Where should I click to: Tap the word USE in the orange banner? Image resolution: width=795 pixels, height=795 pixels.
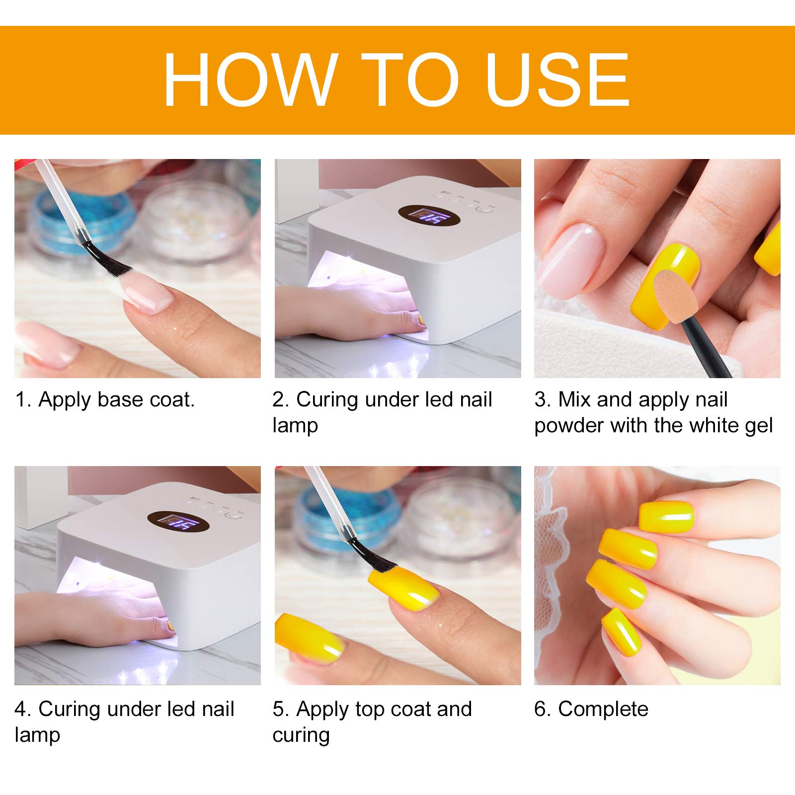click(558, 80)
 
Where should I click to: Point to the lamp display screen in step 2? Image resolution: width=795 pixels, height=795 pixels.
click(429, 215)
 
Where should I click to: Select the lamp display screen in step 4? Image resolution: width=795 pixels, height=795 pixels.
click(178, 522)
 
